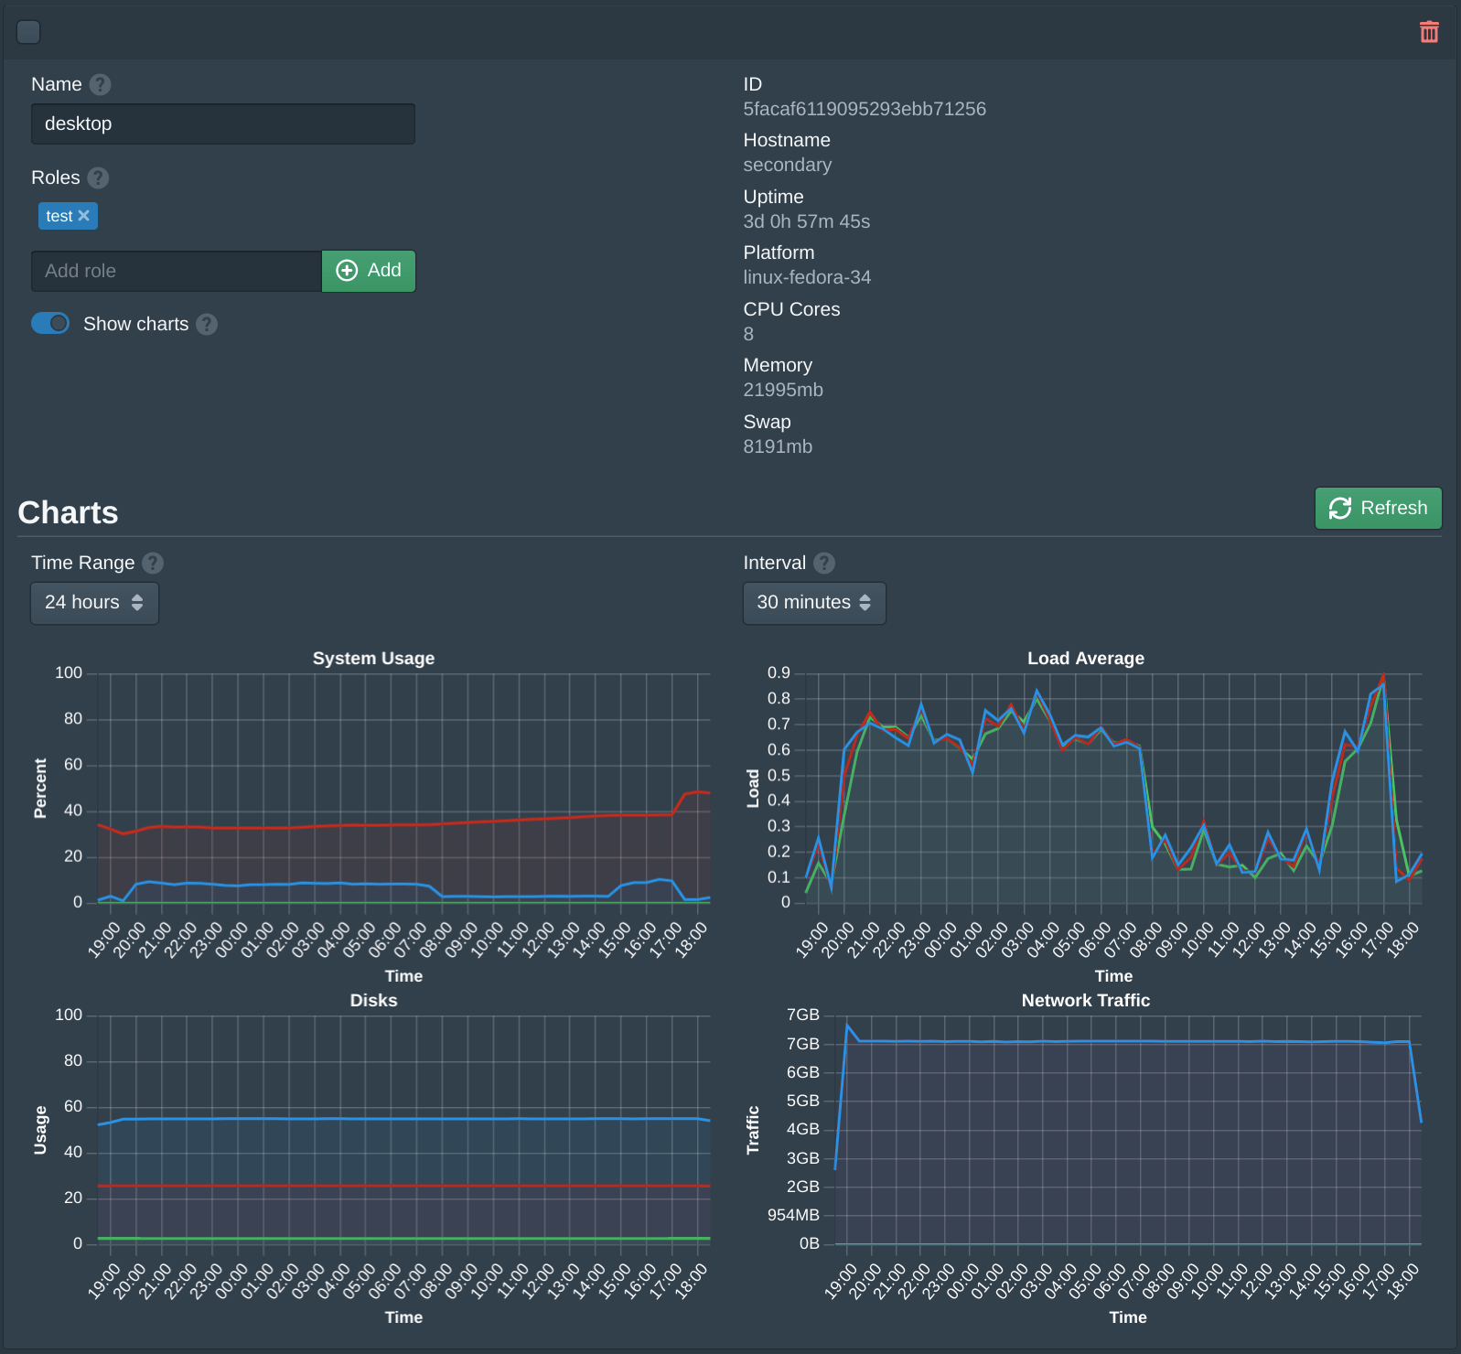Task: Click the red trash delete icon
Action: (x=1429, y=32)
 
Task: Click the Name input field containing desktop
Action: (x=222, y=124)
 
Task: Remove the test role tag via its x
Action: (x=84, y=216)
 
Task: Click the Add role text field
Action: (x=176, y=271)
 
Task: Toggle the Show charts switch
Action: (x=50, y=323)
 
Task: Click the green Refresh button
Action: (x=1378, y=508)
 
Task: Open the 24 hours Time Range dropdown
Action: (x=94, y=603)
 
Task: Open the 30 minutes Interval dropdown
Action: (x=813, y=603)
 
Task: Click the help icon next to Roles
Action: (x=98, y=177)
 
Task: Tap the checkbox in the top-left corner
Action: (x=28, y=32)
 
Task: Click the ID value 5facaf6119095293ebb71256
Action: (x=864, y=109)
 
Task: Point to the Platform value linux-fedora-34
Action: (x=806, y=277)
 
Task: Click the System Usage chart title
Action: (x=373, y=659)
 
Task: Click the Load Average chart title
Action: (x=1085, y=659)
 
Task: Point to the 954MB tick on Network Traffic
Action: (x=793, y=1215)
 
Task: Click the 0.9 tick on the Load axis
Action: (x=779, y=673)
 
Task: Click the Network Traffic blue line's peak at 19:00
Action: (x=847, y=1026)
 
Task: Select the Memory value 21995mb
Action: (x=782, y=390)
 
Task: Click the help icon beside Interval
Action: (x=824, y=563)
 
